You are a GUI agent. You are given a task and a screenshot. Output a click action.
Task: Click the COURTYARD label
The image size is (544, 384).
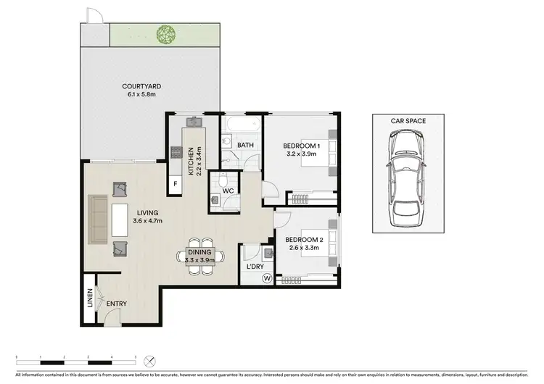click(141, 87)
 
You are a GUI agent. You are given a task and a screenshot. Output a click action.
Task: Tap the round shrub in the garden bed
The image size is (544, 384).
click(167, 33)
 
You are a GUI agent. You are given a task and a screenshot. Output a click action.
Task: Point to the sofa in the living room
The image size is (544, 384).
click(98, 220)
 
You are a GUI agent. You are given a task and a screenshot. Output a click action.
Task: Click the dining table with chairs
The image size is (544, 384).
click(197, 257)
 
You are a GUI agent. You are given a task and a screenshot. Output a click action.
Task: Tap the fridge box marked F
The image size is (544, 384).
click(175, 185)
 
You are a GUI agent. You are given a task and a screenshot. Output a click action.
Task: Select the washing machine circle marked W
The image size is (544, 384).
click(267, 278)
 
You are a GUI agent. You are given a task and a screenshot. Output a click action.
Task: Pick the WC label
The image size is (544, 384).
click(227, 191)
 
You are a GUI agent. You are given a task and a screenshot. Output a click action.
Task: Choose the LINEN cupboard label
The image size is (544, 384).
click(90, 299)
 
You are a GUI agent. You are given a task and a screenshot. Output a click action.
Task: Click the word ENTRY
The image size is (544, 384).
click(117, 304)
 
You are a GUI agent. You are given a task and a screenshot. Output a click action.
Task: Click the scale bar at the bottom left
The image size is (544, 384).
click(76, 360)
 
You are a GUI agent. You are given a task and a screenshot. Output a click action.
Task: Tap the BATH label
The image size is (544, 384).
click(245, 145)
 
